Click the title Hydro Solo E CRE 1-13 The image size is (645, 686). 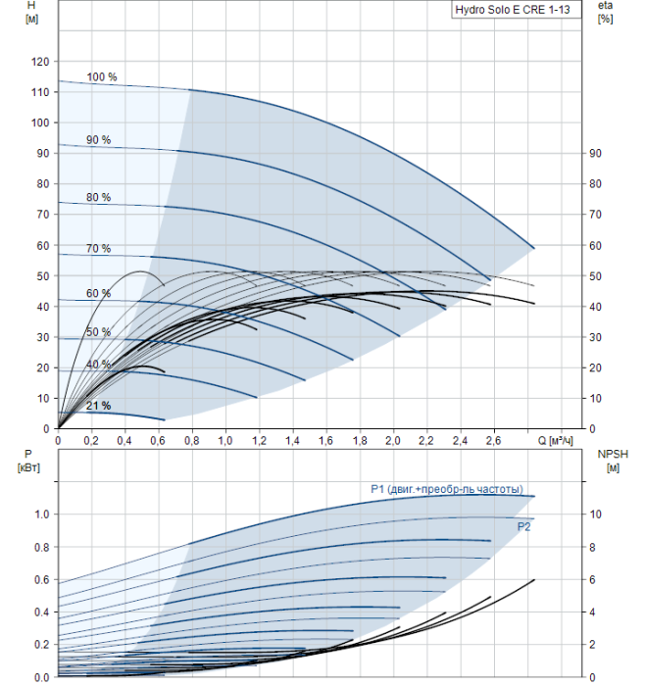(x=513, y=10)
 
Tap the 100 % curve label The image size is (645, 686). (x=102, y=77)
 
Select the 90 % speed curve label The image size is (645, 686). (x=98, y=140)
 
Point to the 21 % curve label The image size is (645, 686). (x=98, y=406)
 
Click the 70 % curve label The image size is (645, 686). (x=98, y=249)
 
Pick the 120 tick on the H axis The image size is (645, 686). (x=40, y=62)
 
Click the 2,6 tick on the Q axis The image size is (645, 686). (x=493, y=441)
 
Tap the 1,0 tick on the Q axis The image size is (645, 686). (x=225, y=441)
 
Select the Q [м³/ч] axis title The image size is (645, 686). (x=555, y=440)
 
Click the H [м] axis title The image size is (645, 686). (x=31, y=12)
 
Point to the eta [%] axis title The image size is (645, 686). (x=605, y=12)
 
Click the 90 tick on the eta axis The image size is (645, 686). (x=595, y=154)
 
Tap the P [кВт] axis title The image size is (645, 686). (x=28, y=461)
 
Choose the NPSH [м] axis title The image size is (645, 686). (x=613, y=461)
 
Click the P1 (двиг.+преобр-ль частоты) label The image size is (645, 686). (x=447, y=489)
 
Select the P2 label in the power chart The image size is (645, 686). (x=523, y=527)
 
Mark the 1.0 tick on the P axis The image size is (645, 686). (x=41, y=514)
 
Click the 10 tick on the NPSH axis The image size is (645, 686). (x=595, y=514)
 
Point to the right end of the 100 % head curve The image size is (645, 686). (x=534, y=248)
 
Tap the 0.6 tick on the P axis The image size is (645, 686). (x=41, y=580)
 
